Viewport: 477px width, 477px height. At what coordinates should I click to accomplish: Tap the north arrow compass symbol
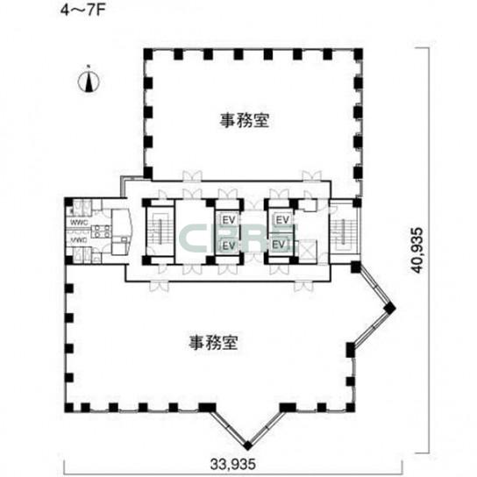tap(89, 82)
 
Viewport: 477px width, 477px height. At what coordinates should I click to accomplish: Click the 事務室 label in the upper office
tap(244, 123)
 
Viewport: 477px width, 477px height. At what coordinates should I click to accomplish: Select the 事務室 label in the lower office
tap(214, 341)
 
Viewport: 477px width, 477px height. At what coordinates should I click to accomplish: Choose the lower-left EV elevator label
tap(229, 245)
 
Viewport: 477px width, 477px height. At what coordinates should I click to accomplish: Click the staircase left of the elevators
tap(160, 230)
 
